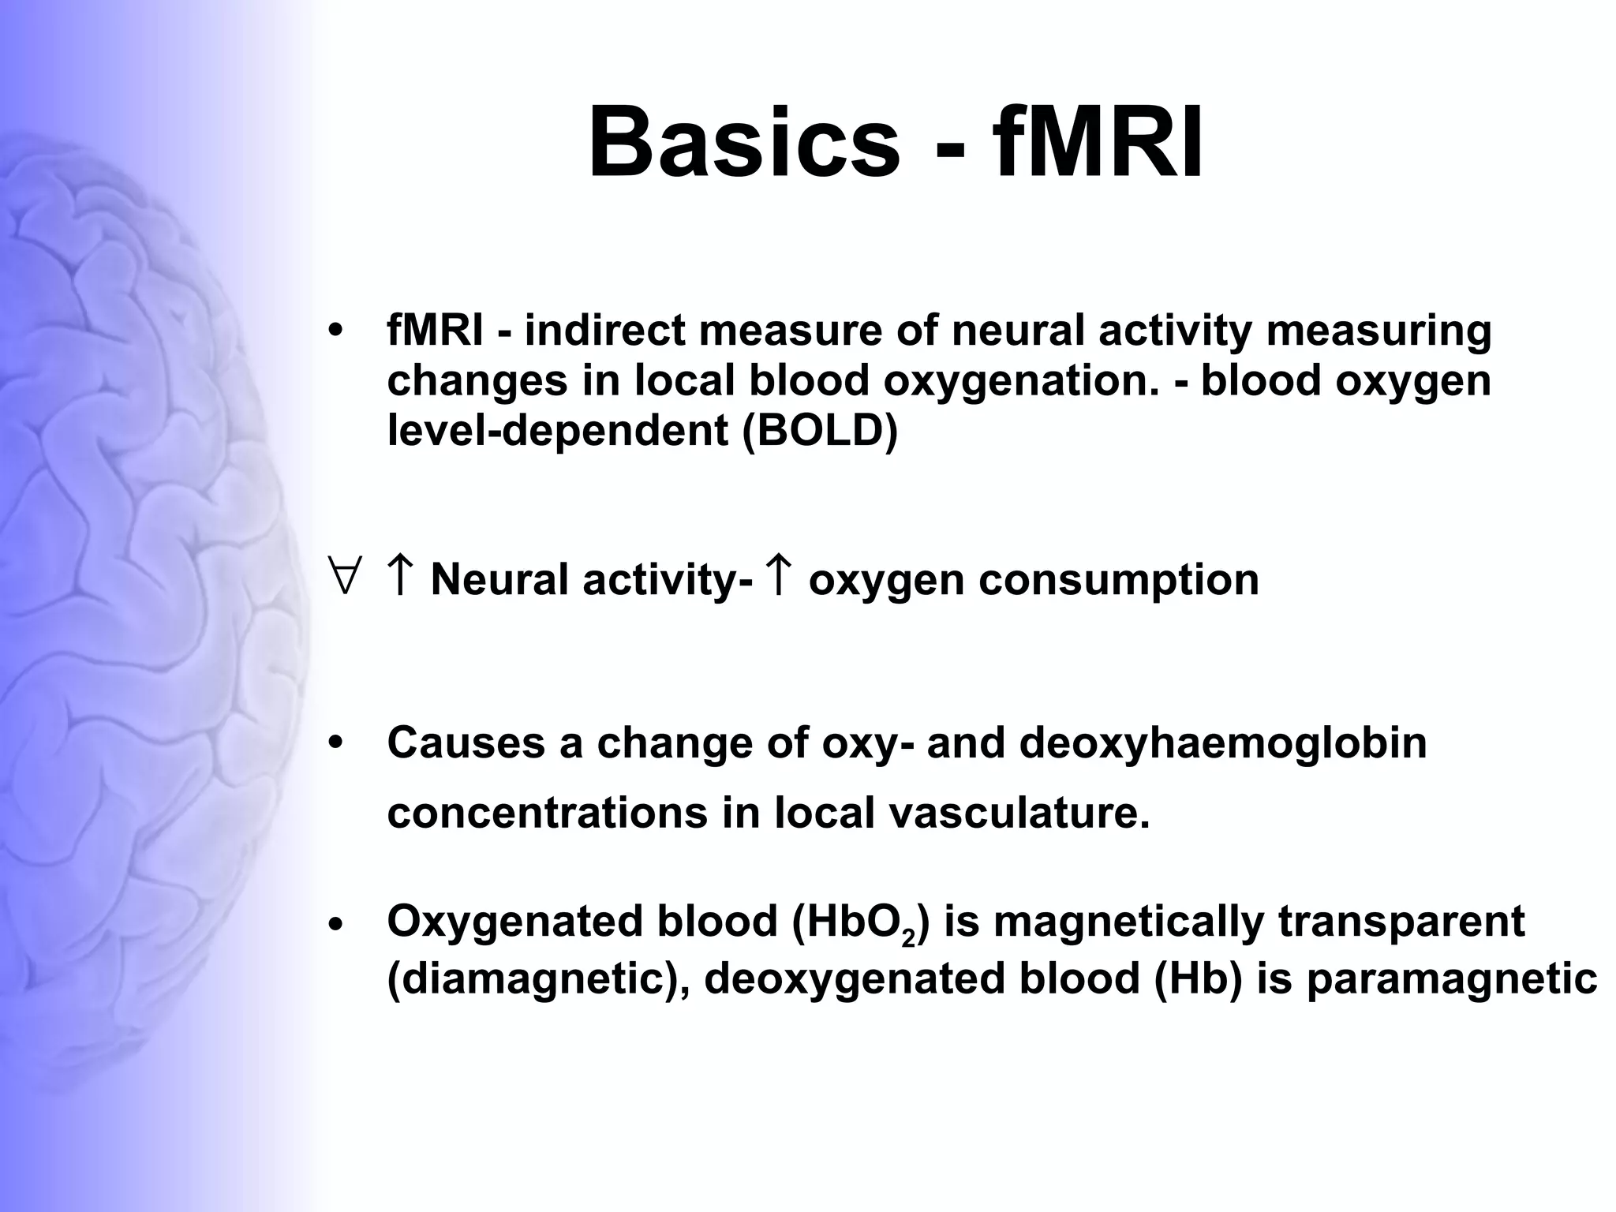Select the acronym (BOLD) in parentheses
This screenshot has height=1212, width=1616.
(820, 431)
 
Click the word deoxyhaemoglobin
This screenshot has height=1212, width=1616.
(1222, 743)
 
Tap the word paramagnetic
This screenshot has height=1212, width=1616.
(1452, 979)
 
